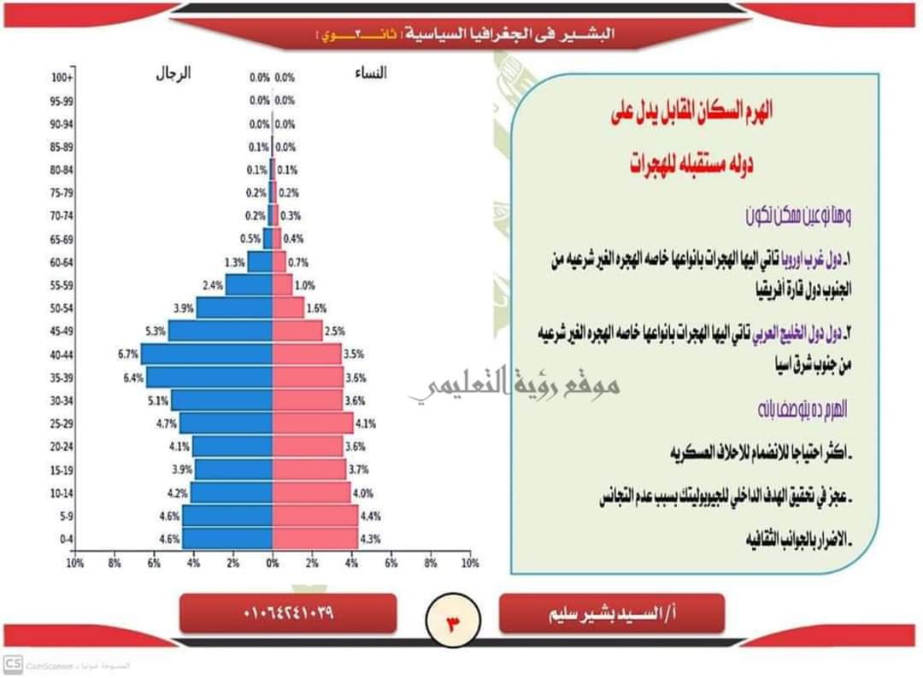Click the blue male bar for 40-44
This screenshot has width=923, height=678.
click(207, 354)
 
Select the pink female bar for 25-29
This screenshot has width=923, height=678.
click(313, 423)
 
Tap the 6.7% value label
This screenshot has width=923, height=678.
click(128, 354)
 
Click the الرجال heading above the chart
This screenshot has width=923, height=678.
click(173, 73)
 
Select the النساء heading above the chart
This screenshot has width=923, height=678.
click(370, 73)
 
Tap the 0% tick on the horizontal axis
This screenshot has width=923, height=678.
click(273, 564)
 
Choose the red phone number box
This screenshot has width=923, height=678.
click(288, 613)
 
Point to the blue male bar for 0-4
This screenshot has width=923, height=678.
click(227, 539)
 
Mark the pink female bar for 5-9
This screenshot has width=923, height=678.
click(315, 516)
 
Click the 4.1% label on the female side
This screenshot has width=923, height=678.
click(366, 424)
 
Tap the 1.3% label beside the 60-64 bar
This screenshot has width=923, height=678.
click(235, 262)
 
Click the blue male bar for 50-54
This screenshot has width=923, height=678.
click(234, 308)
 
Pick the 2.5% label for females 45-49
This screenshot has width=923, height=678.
click(335, 331)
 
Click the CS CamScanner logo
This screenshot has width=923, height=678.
click(13, 663)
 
